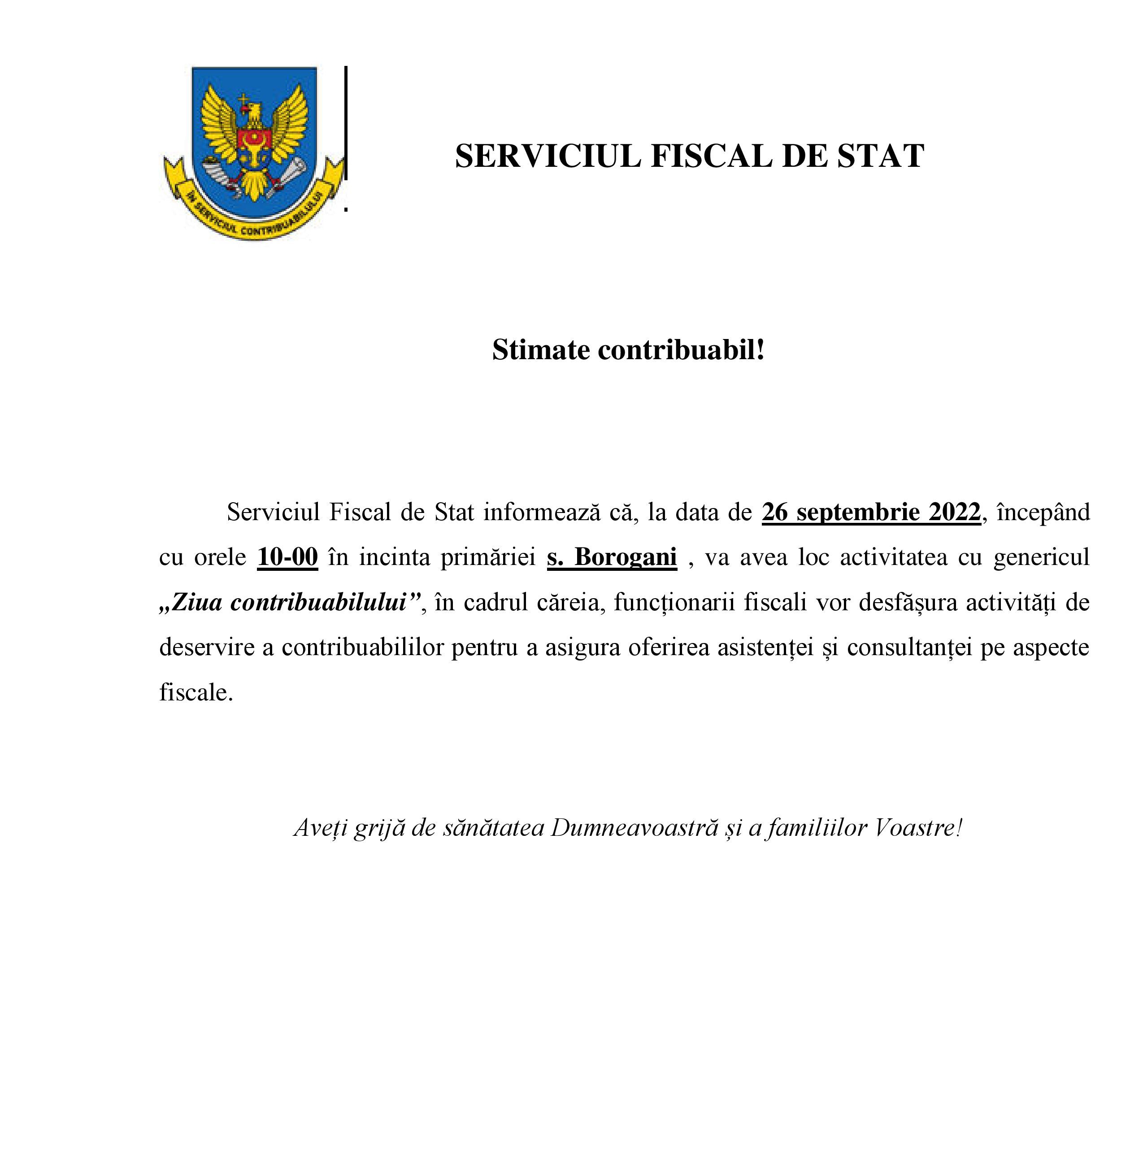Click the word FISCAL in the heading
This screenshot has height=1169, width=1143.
click(711, 156)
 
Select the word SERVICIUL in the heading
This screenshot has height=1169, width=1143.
click(548, 156)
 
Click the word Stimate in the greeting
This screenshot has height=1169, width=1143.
click(541, 349)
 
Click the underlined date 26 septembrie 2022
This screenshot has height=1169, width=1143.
click(871, 512)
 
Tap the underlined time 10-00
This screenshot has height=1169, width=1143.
click(287, 557)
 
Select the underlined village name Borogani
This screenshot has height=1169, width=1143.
click(626, 557)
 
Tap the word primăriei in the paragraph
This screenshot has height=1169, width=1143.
click(488, 557)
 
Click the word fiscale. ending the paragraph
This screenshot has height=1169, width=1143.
click(196, 692)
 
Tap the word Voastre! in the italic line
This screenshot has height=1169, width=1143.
click(918, 828)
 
